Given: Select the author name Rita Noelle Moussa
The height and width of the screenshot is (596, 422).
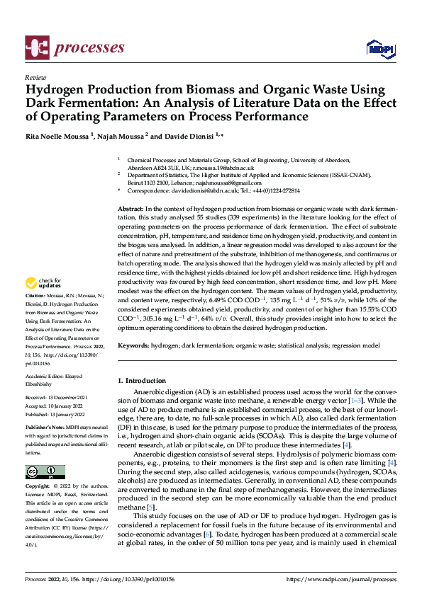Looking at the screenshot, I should point(57,135).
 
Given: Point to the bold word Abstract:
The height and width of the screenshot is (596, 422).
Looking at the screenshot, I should point(130,210).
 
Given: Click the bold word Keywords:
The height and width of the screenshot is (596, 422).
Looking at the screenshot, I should point(133,345).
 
